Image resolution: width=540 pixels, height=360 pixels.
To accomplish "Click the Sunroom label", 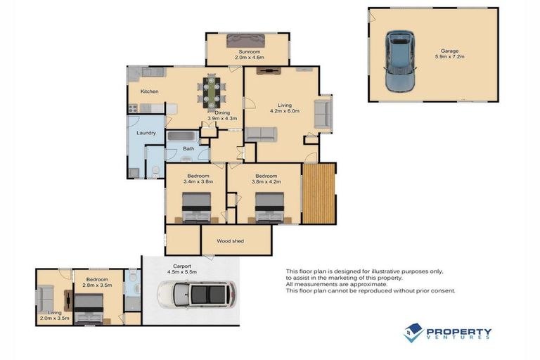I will point(249,52).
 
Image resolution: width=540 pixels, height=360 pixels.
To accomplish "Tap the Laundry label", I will point(146,132).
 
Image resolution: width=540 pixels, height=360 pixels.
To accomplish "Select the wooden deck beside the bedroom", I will point(319,193).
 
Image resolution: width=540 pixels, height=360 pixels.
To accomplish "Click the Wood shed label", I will point(230,241).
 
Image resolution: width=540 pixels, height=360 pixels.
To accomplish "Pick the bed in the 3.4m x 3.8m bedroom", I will point(196,207).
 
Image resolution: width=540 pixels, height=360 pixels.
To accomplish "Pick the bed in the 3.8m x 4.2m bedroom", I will point(269,207).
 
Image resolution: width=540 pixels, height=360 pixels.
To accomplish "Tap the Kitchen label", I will point(149,91).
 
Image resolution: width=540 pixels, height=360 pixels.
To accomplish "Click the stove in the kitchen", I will point(131,108).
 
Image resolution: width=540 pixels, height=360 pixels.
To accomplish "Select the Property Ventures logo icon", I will point(413,332).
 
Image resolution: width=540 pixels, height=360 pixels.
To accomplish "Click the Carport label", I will point(184,266).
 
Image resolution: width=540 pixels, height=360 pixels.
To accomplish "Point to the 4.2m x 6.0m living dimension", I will point(285,111).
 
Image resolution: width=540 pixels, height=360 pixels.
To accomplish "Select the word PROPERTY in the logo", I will point(458,331).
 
